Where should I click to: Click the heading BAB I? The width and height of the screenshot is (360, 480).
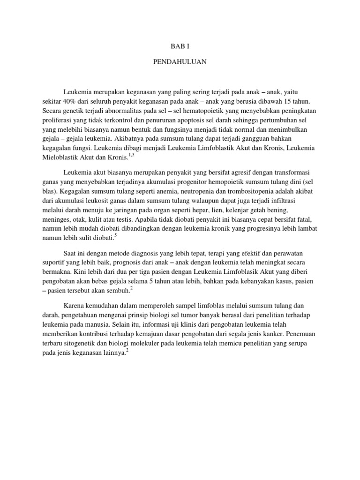coord(180,46)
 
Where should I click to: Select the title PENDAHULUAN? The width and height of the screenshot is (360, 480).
coord(180,61)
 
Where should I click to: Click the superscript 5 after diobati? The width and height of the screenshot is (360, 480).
coord(115,236)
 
